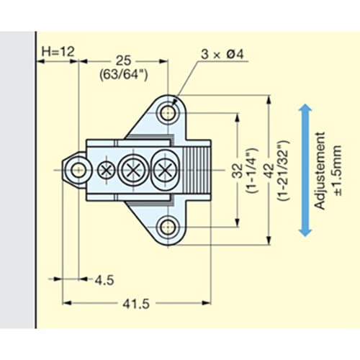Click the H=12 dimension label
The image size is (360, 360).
click(58, 52)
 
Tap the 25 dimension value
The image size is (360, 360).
click(124, 60)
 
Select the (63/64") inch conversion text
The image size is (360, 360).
click(124, 75)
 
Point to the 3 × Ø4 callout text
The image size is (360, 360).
click(222, 54)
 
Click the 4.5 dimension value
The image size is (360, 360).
click(104, 280)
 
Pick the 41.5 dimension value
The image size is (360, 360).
click(136, 304)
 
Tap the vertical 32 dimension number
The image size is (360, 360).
click(238, 171)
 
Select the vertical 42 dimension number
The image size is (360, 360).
click(269, 171)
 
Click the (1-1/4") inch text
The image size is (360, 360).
click(252, 171)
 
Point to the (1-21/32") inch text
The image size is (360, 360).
click(284, 171)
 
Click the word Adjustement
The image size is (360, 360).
click(320, 171)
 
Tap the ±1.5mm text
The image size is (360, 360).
click(336, 171)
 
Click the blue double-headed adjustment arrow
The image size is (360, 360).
click(305, 171)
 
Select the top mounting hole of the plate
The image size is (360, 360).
click(168, 113)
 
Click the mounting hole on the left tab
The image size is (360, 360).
click(78, 171)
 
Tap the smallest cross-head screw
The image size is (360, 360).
click(107, 171)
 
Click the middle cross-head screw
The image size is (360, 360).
click(133, 171)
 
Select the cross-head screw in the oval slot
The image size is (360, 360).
click(165, 171)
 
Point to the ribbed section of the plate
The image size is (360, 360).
click(197, 171)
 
